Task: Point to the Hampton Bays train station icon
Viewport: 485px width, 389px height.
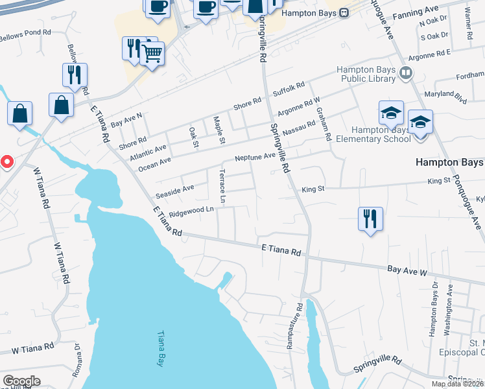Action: point(345,12)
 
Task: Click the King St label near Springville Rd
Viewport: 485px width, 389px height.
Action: point(313,189)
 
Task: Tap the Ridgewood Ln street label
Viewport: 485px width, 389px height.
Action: point(191,211)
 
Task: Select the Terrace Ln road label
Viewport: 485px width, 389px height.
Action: point(222,186)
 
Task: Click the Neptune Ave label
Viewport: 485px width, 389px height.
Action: point(255,158)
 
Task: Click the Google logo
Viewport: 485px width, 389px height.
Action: point(21,381)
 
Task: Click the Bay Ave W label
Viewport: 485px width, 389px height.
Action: point(408,268)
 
